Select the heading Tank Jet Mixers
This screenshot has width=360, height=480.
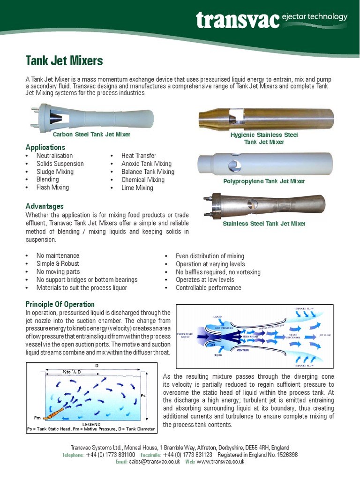pos(64,60)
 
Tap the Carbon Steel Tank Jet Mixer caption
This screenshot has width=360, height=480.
pos(91,135)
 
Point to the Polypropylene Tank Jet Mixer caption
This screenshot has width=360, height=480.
pos(264,181)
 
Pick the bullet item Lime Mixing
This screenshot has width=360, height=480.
pos(137,187)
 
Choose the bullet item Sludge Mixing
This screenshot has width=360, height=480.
pos(55,172)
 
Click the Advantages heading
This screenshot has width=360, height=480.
pos(45,206)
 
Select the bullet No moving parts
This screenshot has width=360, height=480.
pos(58,271)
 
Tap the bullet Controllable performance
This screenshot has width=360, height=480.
pos(208,288)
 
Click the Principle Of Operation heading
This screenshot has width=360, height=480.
pos(60,304)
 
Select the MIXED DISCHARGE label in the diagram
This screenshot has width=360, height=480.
pos(294,336)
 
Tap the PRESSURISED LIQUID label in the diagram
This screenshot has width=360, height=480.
pos(186,336)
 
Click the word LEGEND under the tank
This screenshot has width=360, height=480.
pos(92,424)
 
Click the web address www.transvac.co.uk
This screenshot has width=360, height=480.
pos(220,462)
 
